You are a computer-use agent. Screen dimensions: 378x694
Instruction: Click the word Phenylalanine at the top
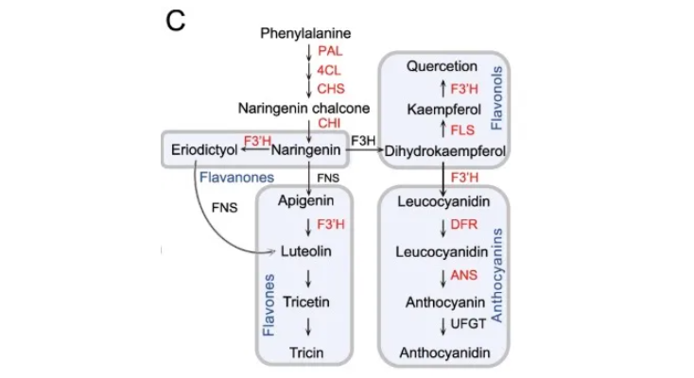311,34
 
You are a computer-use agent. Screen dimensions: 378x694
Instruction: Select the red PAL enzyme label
330,50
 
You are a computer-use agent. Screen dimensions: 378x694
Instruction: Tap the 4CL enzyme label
330,70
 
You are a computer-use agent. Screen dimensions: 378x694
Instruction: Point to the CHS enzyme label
331,89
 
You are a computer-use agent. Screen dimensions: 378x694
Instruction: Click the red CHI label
330,125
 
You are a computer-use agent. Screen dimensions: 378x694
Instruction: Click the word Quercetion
442,67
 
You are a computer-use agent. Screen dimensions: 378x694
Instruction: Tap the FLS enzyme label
464,129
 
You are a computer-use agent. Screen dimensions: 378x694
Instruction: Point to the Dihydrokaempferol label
445,150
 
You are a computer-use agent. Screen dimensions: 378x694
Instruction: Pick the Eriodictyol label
203,149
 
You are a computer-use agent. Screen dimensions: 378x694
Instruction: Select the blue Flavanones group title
236,176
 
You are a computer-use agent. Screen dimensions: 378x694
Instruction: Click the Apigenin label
305,200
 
